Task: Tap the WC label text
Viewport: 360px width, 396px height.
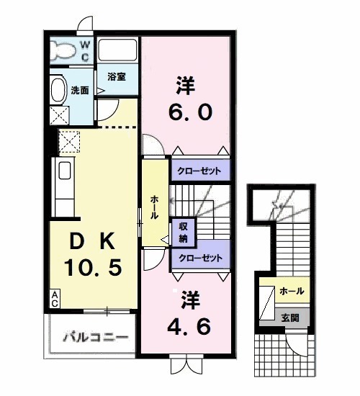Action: (84, 50)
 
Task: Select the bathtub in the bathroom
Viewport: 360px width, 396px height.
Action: (118, 50)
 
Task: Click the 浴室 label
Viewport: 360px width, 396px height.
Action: (117, 76)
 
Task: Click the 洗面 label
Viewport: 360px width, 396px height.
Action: (79, 91)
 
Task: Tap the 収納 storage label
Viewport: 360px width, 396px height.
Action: (184, 232)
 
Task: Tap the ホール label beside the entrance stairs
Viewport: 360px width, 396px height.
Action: (290, 291)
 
